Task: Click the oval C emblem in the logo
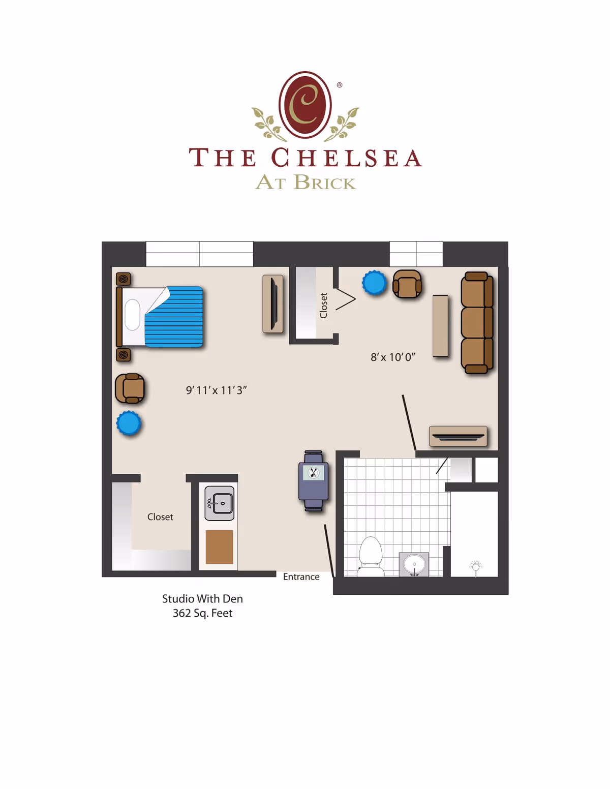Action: click(x=305, y=105)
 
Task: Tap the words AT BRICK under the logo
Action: click(x=306, y=182)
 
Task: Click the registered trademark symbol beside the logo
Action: click(x=340, y=85)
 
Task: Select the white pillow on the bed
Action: click(x=132, y=315)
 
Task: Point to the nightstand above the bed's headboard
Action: click(x=124, y=279)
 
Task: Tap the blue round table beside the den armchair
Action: click(x=375, y=283)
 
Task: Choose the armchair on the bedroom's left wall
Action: click(x=130, y=388)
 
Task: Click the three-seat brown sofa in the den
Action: click(x=477, y=323)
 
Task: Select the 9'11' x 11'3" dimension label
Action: click(x=216, y=390)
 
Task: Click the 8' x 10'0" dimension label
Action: click(x=392, y=357)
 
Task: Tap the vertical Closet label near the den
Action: click(x=323, y=305)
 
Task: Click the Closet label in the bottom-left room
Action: click(x=160, y=517)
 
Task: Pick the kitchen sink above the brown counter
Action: click(x=220, y=503)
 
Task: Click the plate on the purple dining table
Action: click(x=314, y=473)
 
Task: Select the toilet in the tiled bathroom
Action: click(x=371, y=556)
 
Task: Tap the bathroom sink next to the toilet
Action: click(x=414, y=564)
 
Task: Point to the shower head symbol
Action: click(x=476, y=566)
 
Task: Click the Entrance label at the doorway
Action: click(x=301, y=577)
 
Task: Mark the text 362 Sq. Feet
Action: click(x=202, y=613)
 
